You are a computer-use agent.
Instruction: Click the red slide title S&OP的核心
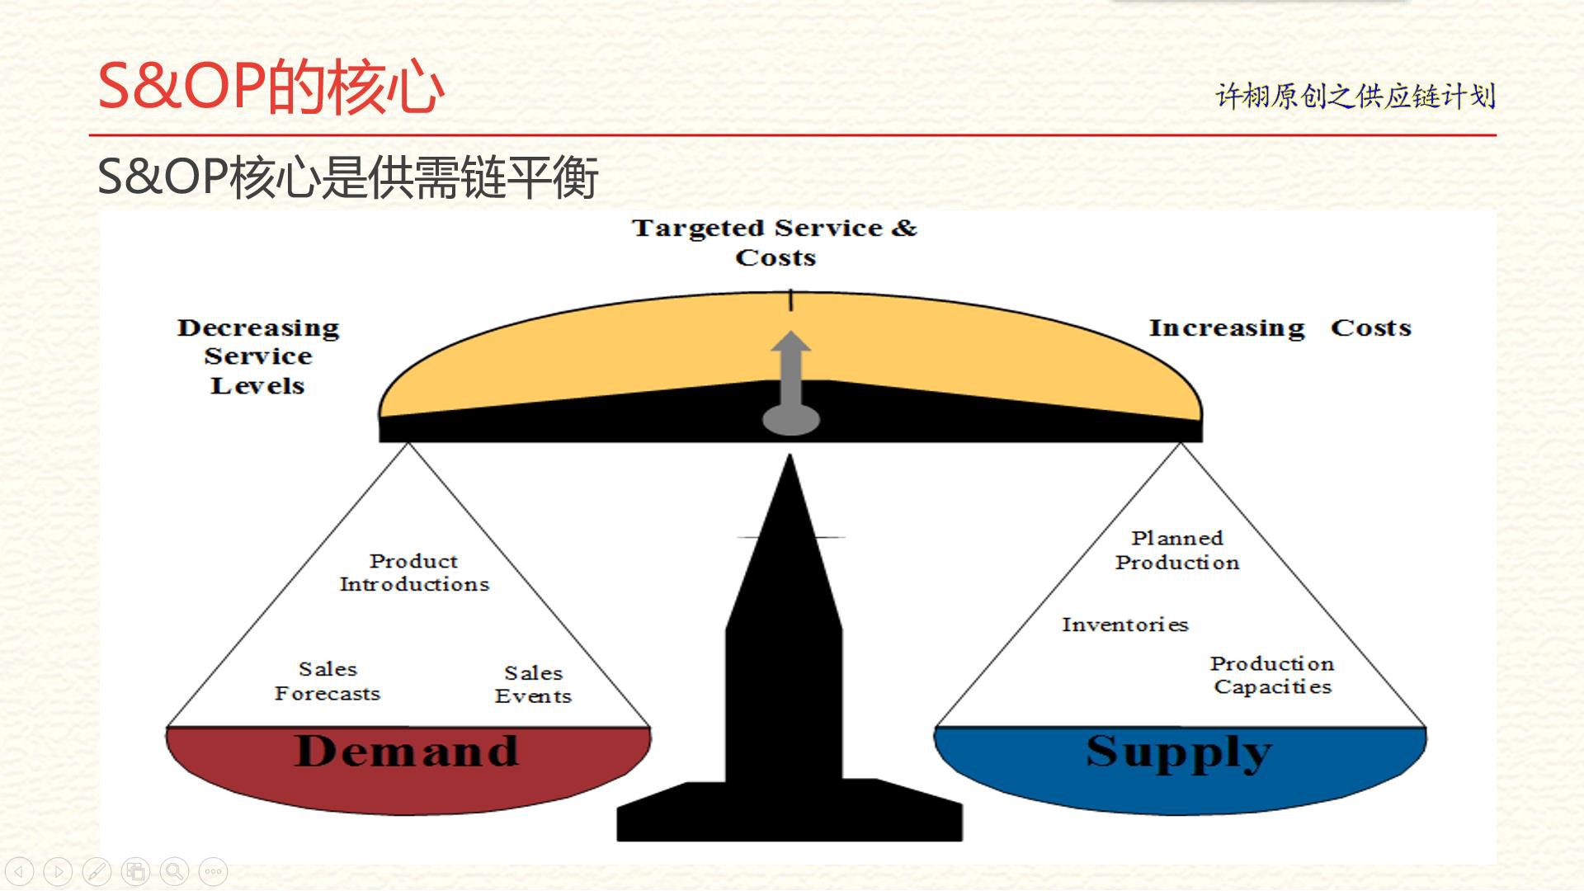pyautogui.click(x=271, y=87)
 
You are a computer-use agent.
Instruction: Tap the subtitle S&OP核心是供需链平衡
pyautogui.click(x=347, y=177)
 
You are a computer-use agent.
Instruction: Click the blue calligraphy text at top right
pyautogui.click(x=1355, y=96)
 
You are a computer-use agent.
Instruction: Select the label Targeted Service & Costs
pyautogui.click(x=775, y=242)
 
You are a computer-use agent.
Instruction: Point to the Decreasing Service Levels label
pyautogui.click(x=258, y=356)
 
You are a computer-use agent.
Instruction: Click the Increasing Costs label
pyautogui.click(x=1280, y=328)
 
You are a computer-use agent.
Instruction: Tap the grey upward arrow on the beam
pyautogui.click(x=790, y=383)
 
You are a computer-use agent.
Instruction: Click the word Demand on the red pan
pyautogui.click(x=407, y=751)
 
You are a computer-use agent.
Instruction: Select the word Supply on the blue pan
pyautogui.click(x=1179, y=752)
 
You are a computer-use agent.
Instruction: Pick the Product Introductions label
pyautogui.click(x=414, y=573)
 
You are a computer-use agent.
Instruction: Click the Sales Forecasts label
pyautogui.click(x=328, y=681)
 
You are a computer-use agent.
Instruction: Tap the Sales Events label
pyautogui.click(x=533, y=685)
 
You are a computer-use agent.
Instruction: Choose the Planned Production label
pyautogui.click(x=1177, y=550)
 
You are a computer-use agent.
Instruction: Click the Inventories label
pyautogui.click(x=1125, y=625)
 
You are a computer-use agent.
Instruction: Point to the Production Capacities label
pyautogui.click(x=1272, y=675)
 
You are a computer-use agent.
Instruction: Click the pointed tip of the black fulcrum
pyautogui.click(x=790, y=455)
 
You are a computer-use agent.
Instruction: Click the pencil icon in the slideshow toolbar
pyautogui.click(x=97, y=871)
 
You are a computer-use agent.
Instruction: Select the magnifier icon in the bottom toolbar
pyautogui.click(x=174, y=871)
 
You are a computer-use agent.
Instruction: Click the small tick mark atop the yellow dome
pyautogui.click(x=790, y=299)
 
